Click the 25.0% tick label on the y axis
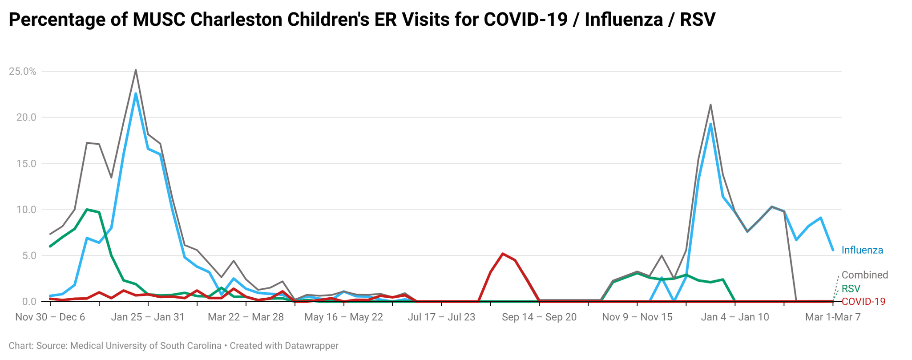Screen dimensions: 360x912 coord(22,71)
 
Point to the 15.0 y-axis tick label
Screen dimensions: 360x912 coord(26,163)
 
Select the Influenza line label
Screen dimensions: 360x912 coord(862,250)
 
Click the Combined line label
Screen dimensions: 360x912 coord(864,275)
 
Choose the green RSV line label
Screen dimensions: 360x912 coord(851,288)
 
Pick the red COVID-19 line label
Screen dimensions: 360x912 coord(863,302)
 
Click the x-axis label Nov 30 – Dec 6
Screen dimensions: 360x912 coord(50,317)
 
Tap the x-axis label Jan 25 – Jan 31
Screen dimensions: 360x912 coord(147,317)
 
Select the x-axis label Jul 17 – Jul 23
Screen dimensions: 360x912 coord(441,317)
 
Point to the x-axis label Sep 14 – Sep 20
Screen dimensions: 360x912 coord(539,317)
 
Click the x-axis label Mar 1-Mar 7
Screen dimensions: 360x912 coord(832,317)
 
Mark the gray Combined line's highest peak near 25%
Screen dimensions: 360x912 coord(136,70)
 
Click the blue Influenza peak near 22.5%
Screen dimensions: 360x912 coord(136,93)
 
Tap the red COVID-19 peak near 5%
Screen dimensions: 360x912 coord(502,254)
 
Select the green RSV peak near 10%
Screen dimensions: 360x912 coord(87,209)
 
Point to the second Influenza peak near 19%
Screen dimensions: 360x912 coord(710,124)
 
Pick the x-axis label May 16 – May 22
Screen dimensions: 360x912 coord(343,317)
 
